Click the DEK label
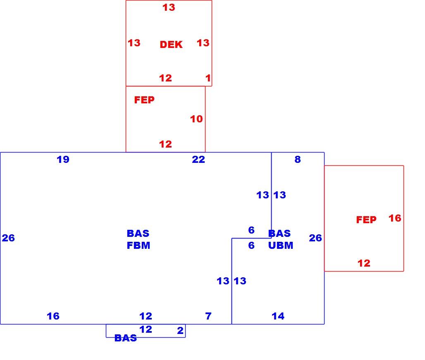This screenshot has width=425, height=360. pos(171,44)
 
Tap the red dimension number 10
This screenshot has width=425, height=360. pos(196,119)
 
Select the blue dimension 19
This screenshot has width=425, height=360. pos(63,159)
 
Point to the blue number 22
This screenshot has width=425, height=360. pos(198,159)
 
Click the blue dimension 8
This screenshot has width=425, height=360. pos(298,159)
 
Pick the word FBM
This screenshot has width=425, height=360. pos(138,246)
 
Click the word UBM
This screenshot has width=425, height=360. pos(281,246)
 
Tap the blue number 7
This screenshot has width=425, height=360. pos(208,316)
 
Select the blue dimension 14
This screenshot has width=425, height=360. pos(278,316)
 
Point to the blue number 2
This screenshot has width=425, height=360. pos(180,331)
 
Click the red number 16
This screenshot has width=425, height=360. pos(395,218)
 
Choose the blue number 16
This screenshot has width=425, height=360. pos(53,316)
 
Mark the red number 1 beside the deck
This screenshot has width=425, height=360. pos(208,78)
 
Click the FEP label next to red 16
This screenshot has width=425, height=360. pos(366,220)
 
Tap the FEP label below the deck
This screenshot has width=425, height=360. pos(144,100)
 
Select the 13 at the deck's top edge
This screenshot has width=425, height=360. pos(169,7)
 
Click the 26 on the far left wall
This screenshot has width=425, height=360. pos(8,238)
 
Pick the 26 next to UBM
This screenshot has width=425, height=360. pos(315,238)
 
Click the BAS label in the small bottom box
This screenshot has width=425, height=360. pos(126,338)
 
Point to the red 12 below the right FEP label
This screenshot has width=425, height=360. pos(364,263)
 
